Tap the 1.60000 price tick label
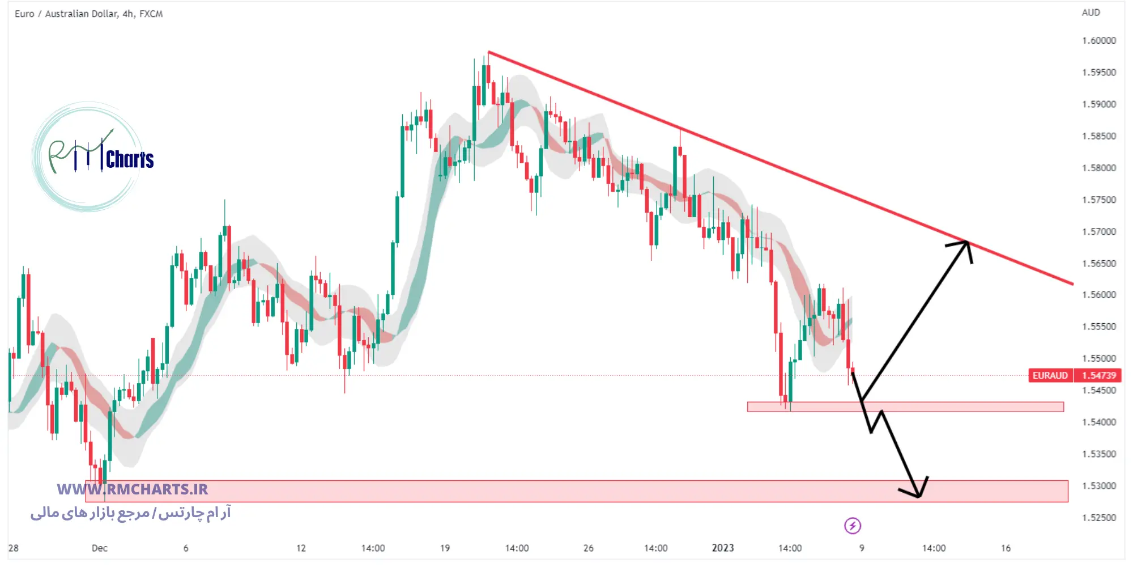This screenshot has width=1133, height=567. point(1098,41)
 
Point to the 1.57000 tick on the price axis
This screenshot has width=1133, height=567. point(1098,232)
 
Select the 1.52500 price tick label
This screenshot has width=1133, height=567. point(1098,518)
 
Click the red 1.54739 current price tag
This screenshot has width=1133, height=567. point(1098,375)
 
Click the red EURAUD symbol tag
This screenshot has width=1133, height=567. point(1050,375)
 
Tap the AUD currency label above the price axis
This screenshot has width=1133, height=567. point(1091,12)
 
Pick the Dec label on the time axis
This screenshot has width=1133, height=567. point(99,548)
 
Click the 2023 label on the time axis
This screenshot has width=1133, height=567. point(722,548)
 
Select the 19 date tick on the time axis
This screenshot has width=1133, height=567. point(445,548)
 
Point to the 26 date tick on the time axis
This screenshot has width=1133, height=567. point(589,548)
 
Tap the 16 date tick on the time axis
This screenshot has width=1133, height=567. point(1006,548)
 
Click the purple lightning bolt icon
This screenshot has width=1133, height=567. point(852,526)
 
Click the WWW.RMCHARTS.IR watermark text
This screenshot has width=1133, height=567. point(133,489)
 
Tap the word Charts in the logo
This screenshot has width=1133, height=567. point(130,160)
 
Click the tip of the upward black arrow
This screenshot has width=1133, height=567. point(967,242)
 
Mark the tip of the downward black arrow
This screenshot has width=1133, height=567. point(918,497)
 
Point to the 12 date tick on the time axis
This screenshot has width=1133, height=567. point(301,548)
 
